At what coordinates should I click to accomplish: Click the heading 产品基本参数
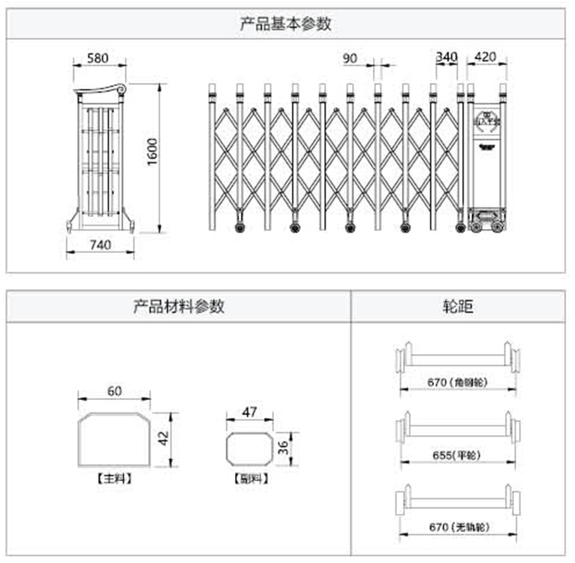point(285,24)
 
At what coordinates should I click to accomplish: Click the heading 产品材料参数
point(179,307)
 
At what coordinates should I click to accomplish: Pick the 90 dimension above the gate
point(350,58)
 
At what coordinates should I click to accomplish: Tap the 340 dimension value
point(446,58)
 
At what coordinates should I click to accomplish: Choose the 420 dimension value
point(487,58)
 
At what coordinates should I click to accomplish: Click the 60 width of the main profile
point(115,391)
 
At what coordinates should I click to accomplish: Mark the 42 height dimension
point(165,439)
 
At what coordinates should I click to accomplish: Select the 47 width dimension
point(249,412)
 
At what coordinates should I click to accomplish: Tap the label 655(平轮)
point(457,455)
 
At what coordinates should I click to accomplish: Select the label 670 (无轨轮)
point(459,528)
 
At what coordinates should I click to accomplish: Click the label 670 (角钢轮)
point(457,383)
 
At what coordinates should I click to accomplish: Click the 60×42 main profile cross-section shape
point(114,440)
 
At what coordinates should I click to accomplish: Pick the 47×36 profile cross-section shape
point(249,450)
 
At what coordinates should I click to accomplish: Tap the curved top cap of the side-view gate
point(100,90)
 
